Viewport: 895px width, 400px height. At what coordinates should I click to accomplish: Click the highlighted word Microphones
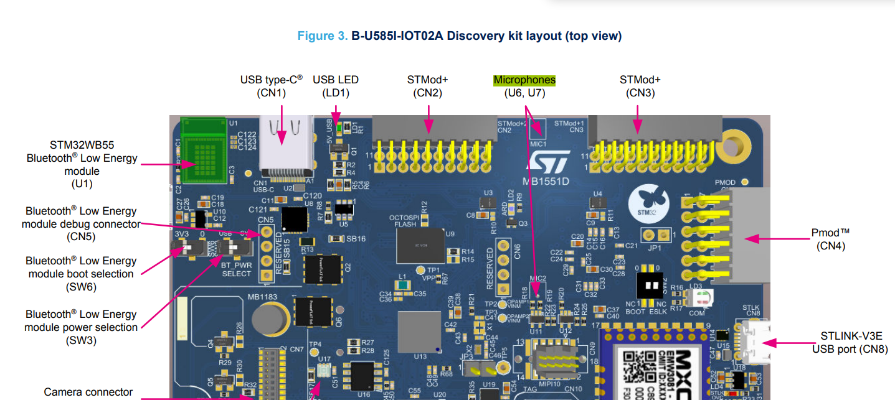coord(524,80)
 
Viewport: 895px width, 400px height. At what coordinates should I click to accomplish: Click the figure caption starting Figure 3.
coord(459,36)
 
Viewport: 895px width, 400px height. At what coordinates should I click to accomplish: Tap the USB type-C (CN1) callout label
coord(272,86)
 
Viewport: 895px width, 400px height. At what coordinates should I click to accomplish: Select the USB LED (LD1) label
coord(336,86)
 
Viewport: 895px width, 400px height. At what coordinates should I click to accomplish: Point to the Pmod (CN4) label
coord(830,239)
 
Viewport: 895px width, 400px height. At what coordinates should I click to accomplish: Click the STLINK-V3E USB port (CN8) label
coord(850,343)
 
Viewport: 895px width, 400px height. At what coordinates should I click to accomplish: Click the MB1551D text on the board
coord(546,182)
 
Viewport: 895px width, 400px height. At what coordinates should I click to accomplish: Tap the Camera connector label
coord(88,392)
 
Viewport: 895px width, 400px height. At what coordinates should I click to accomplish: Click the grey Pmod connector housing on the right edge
coord(750,236)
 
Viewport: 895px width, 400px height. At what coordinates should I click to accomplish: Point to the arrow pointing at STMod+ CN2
coord(429,119)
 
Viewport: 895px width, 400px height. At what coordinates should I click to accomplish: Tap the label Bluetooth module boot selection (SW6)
coord(82,274)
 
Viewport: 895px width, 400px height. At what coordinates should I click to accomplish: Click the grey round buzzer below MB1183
coord(270,319)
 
